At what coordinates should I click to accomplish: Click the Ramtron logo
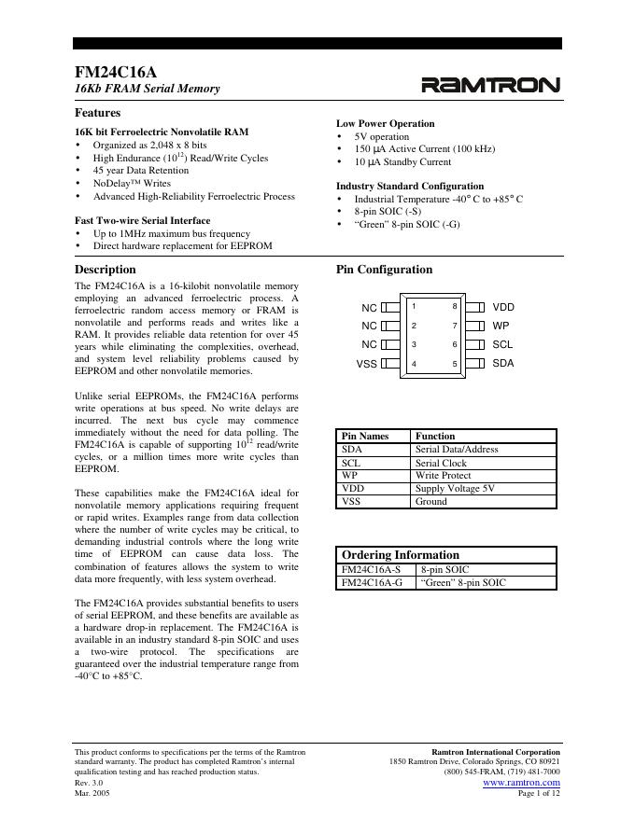point(491,87)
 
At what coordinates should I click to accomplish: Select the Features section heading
point(97,112)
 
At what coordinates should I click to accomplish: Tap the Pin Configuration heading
point(384,270)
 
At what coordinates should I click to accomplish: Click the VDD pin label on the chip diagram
point(503,307)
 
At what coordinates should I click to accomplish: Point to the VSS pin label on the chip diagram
point(367,364)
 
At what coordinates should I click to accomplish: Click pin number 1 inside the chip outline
point(414,307)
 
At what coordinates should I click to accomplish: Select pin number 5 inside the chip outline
point(455,364)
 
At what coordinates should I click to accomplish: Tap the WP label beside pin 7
point(501,326)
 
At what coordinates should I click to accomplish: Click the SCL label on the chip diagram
point(502,344)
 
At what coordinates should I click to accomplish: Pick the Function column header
point(435,436)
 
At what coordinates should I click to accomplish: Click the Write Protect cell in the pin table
point(443,476)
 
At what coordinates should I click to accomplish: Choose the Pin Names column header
point(364,436)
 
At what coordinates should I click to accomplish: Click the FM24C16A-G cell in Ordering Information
point(372,583)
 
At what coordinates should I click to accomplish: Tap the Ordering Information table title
point(401,555)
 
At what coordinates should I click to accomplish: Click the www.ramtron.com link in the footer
point(521,783)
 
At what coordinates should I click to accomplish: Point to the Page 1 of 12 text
point(539,794)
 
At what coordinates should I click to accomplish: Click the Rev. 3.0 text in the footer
point(89,783)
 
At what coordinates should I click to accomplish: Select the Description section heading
point(105,270)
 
